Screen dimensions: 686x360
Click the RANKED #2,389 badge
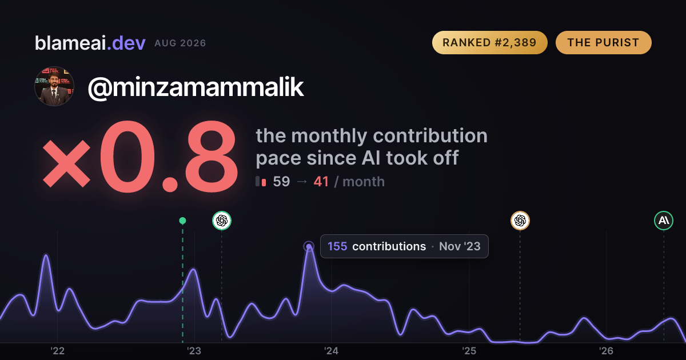click(x=489, y=42)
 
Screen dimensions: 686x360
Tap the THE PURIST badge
click(x=603, y=42)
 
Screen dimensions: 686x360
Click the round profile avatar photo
click(x=54, y=86)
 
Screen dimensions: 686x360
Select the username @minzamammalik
click(x=196, y=87)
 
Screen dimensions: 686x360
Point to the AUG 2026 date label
click(x=180, y=43)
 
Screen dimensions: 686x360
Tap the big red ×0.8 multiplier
click(x=140, y=157)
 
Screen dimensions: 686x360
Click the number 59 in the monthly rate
click(x=281, y=182)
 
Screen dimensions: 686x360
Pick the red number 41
click(x=321, y=182)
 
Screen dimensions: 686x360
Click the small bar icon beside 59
click(x=261, y=181)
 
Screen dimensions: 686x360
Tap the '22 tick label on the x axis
click(x=57, y=351)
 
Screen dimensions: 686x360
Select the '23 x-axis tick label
click(x=194, y=351)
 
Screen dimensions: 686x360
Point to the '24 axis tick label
click(x=332, y=351)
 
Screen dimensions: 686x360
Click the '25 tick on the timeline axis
click(x=469, y=351)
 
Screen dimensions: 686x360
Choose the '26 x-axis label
click(x=606, y=351)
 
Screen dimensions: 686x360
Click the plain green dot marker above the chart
click(x=182, y=221)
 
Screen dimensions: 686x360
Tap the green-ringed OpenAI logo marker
click(x=222, y=221)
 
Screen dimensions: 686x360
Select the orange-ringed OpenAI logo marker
click(x=520, y=221)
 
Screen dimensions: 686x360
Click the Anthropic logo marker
click(x=664, y=221)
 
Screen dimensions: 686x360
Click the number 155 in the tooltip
click(x=337, y=246)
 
